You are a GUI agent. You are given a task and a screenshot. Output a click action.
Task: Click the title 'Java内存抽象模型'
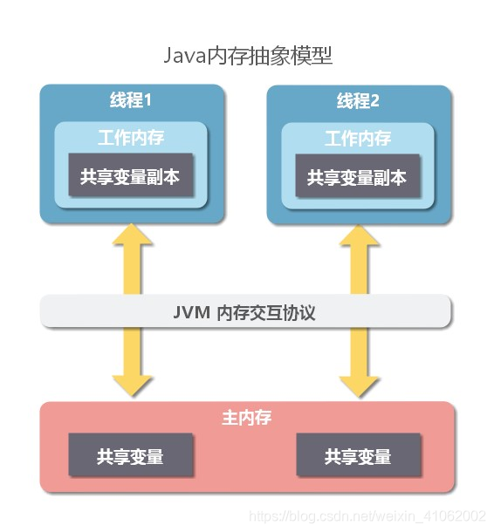pos(248,56)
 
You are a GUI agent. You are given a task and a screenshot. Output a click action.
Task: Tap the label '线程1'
pos(131,100)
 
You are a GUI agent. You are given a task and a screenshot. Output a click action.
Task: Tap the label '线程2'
pos(358,101)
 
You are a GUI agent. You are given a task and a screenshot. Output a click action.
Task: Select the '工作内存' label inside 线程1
pos(131,138)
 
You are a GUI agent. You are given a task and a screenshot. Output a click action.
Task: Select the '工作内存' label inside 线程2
pos(358,139)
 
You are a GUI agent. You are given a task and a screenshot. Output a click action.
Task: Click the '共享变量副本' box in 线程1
pos(131,174)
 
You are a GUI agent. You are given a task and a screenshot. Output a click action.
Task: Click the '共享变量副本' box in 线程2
pos(358,176)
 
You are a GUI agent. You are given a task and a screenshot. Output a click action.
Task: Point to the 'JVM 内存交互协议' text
pos(244,312)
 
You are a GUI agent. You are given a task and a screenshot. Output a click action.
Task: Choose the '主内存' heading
pos(247,418)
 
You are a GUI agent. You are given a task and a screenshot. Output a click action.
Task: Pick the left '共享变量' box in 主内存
pos(131,454)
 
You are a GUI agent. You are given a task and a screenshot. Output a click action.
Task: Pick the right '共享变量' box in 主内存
pos(358,454)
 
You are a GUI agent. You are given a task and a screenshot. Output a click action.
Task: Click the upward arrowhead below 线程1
pos(132,235)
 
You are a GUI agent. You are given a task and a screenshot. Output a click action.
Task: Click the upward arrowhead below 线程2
pos(359,235)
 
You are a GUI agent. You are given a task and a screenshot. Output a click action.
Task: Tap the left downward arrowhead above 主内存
pos(132,386)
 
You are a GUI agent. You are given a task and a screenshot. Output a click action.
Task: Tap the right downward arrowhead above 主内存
pos(359,386)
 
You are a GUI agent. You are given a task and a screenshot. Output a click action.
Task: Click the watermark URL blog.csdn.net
pos(367,516)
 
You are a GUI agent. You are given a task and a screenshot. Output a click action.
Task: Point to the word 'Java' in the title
pos(185,56)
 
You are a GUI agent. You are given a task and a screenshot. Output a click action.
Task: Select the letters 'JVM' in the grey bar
pos(191,312)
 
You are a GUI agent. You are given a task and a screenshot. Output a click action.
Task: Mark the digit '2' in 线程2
pos(374,101)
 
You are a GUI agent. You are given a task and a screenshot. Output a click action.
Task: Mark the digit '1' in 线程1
pos(148,100)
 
